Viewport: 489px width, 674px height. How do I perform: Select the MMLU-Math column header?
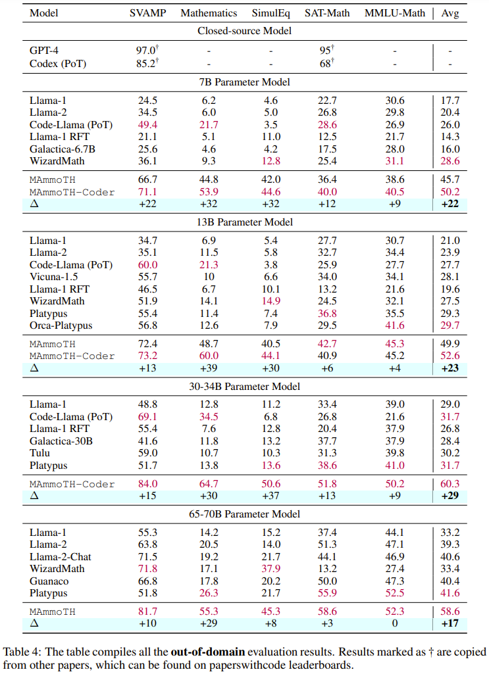click(394, 12)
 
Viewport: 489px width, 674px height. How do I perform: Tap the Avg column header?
click(450, 12)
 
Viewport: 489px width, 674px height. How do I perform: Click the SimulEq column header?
click(270, 12)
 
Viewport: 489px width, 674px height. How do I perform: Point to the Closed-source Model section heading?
click(244, 30)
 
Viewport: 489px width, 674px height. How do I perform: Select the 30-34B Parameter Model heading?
click(244, 387)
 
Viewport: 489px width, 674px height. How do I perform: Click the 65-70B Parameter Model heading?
click(244, 514)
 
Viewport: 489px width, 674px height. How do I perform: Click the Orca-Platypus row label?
click(61, 325)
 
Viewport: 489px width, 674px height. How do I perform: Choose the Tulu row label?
click(40, 453)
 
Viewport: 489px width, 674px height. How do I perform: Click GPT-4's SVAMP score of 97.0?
click(143, 49)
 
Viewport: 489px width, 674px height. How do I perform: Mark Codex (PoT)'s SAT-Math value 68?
click(324, 64)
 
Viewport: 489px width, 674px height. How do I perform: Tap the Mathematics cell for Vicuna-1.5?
click(209, 277)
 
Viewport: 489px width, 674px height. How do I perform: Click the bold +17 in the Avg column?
click(450, 623)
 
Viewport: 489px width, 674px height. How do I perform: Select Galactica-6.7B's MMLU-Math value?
click(394, 149)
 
